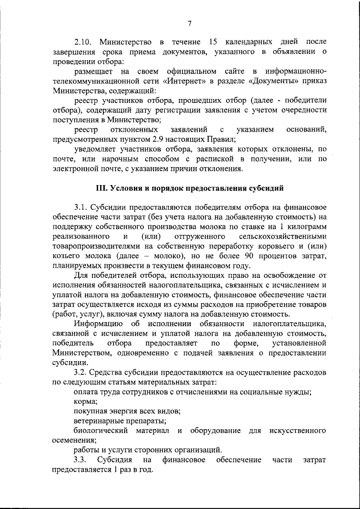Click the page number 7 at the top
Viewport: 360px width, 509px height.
[190, 22]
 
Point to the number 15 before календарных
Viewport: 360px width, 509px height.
[213, 42]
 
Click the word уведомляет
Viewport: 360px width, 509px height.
[97, 149]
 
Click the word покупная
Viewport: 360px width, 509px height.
[91, 411]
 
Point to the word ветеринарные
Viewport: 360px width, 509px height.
[99, 421]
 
